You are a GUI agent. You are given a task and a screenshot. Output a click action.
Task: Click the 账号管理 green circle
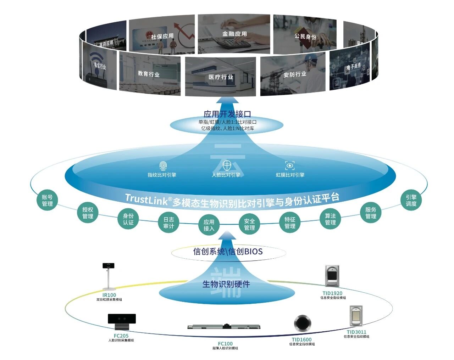click(47, 201)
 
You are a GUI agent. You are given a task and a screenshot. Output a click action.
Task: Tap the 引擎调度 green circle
click(411, 201)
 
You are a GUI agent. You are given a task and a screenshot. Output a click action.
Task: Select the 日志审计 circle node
click(168, 223)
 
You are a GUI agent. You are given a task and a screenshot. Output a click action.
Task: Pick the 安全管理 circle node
click(249, 224)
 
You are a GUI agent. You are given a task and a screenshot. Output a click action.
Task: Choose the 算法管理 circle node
click(330, 219)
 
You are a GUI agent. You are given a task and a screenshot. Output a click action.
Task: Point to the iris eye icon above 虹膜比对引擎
click(290, 165)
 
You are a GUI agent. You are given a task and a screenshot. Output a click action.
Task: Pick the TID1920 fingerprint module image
click(332, 276)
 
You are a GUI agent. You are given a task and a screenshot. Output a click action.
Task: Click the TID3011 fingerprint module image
click(356, 317)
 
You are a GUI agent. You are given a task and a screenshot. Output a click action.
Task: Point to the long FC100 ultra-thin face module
click(224, 326)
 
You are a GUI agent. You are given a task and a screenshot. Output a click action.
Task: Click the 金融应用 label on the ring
click(234, 34)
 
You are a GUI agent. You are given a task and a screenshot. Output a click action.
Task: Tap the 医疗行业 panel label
click(221, 77)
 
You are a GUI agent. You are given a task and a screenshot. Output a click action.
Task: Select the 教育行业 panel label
click(149, 74)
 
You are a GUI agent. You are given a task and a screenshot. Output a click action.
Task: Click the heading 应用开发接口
click(227, 114)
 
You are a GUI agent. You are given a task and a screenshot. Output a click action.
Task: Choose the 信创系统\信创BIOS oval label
click(228, 252)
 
